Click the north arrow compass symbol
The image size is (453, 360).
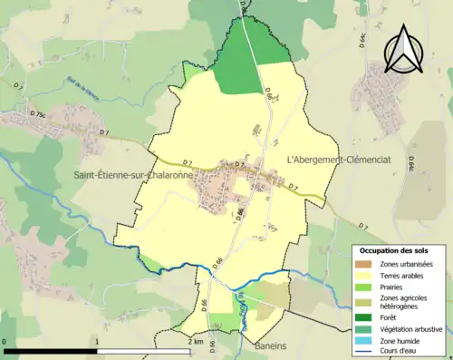404,49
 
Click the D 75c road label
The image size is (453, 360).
36,114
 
